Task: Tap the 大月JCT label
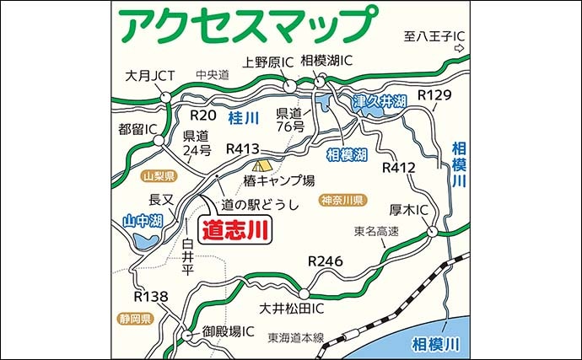tap(149, 76)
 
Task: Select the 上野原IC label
tap(268, 62)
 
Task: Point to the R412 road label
tap(399, 168)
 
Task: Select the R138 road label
tap(152, 297)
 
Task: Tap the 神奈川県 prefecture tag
tap(342, 201)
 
